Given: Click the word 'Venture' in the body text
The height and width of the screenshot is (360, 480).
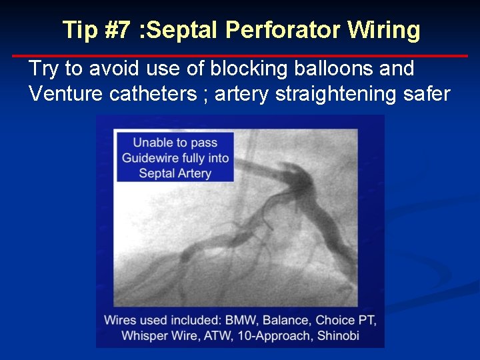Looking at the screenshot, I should click(x=67, y=94).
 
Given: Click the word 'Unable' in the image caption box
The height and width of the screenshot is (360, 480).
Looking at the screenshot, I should click(x=151, y=142).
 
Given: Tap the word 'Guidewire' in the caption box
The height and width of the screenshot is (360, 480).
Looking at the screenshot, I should click(x=148, y=158).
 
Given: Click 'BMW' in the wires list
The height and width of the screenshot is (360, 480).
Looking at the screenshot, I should click(x=236, y=320).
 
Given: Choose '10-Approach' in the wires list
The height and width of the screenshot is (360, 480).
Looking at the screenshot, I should click(x=279, y=335).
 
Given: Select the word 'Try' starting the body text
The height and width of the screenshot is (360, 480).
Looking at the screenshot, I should click(x=44, y=68).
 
